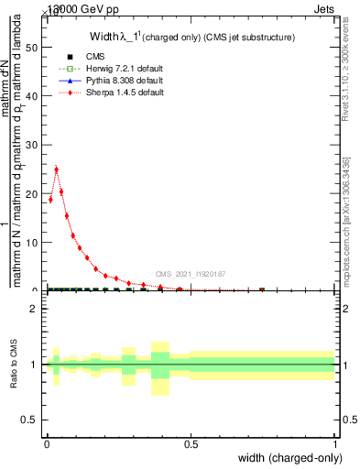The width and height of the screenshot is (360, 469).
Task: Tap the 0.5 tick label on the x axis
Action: click(191, 444)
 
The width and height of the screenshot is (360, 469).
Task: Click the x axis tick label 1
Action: click(335, 444)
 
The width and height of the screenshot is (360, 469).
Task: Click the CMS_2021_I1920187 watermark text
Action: click(191, 274)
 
